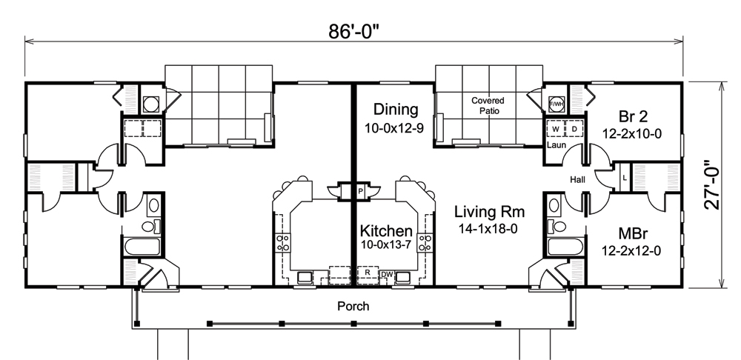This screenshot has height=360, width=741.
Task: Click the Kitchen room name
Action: pos(386,231)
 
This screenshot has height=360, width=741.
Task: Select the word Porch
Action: pos(353,305)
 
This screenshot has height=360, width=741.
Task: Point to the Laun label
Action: pos(556,145)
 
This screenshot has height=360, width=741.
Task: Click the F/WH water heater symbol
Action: pos(556,104)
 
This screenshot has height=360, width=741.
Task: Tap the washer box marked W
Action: pos(555,128)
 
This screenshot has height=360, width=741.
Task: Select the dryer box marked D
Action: pos(573,128)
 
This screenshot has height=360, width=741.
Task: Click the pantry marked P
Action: pos(359,190)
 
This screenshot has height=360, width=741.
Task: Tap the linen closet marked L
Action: pos(624,179)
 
